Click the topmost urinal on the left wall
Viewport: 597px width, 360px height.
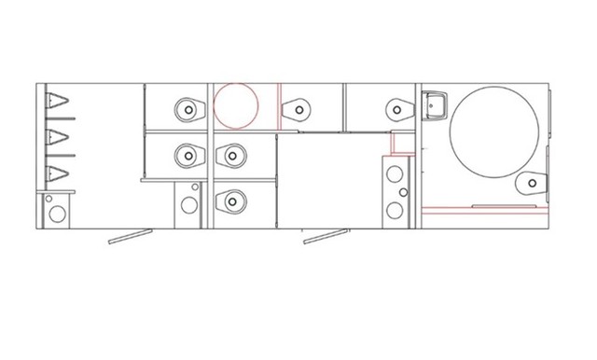(58, 104)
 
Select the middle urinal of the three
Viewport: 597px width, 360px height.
(58, 138)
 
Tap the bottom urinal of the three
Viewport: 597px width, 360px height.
(58, 172)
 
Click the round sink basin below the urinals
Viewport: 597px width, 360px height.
(57, 212)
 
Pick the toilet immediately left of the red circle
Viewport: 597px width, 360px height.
(188, 108)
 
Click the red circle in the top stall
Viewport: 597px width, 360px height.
(237, 105)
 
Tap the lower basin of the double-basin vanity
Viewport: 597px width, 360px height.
(396, 210)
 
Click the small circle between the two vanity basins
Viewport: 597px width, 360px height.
(403, 192)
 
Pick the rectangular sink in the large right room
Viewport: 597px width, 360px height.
(434, 107)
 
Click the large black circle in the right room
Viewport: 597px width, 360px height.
(493, 132)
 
